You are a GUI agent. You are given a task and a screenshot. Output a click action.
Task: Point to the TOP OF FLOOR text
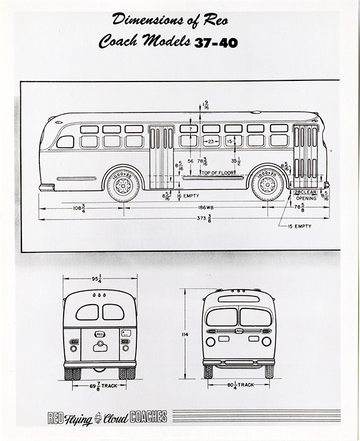pyautogui.click(x=206, y=173)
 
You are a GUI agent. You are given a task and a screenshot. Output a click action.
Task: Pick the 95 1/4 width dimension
pyautogui.click(x=99, y=278)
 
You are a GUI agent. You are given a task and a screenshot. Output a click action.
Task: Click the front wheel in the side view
pyautogui.click(x=267, y=184)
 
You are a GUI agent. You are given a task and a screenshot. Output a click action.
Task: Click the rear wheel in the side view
pyautogui.click(x=123, y=185)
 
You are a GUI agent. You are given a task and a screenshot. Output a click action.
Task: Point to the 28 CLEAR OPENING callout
pyautogui.click(x=307, y=195)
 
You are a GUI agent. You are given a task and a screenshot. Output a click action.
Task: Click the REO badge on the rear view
pyautogui.click(x=100, y=335)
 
